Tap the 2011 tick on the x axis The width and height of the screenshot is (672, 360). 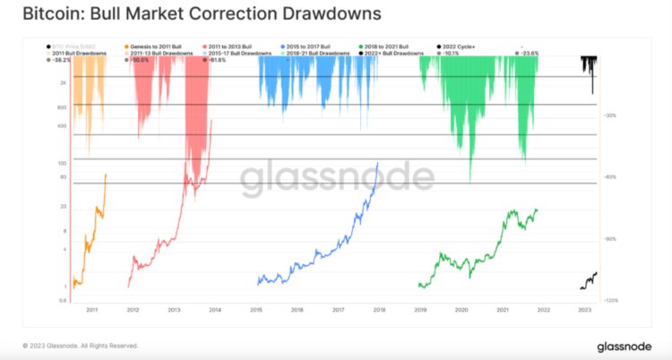pos(91,310)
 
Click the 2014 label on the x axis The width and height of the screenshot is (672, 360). pos(215,310)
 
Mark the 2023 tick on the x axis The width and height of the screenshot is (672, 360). pos(584,310)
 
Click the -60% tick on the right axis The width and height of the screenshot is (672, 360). pos(611,177)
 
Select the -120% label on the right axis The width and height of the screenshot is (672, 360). pos(612,301)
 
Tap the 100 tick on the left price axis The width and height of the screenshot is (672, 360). pos(64,163)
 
